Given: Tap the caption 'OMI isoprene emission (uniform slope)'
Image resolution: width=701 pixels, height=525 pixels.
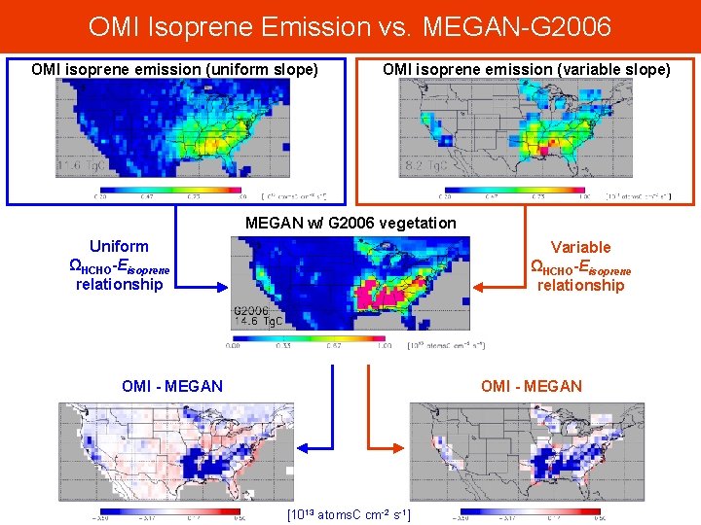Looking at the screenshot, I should pyautogui.click(x=174, y=69).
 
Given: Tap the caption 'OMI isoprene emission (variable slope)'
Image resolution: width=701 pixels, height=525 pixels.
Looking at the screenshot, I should pyautogui.click(x=526, y=69).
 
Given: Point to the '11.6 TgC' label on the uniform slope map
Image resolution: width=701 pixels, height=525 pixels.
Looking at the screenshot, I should pyautogui.click(x=84, y=166).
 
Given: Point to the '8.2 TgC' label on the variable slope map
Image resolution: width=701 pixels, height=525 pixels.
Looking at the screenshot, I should pyautogui.click(x=429, y=166).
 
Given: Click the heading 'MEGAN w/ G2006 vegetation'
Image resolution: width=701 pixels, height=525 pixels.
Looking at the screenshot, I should pyautogui.click(x=350, y=223).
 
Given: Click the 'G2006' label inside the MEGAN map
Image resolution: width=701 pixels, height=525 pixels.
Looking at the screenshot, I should pyautogui.click(x=250, y=310).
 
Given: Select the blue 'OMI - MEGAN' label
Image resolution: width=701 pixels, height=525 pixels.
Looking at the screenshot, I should pyautogui.click(x=171, y=386).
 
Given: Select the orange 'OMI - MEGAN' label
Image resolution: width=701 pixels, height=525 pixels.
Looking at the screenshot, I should pyautogui.click(x=531, y=386).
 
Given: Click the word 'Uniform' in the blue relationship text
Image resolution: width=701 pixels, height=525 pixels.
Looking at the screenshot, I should pyautogui.click(x=119, y=246).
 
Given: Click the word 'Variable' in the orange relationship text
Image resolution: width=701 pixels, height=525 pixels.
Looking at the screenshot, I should pyautogui.click(x=580, y=247).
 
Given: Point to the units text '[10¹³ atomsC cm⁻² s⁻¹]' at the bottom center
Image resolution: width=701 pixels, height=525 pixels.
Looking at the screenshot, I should pyautogui.click(x=350, y=513).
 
